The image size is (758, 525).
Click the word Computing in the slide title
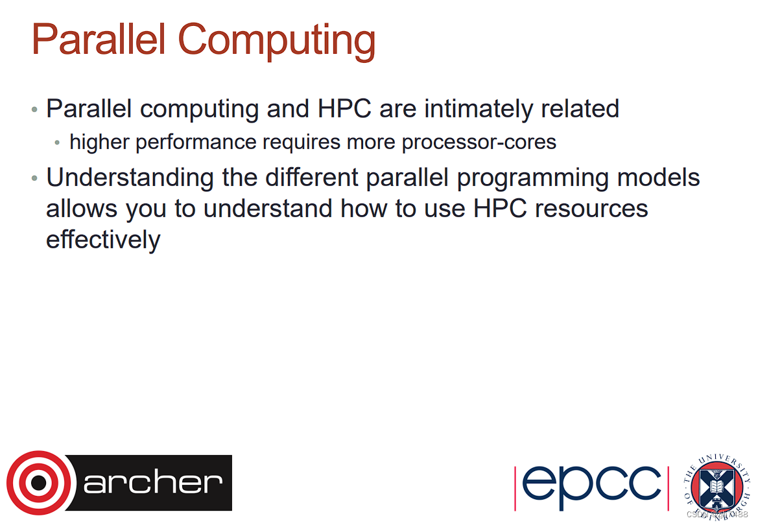[277, 40]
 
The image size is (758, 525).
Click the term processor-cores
[479, 142]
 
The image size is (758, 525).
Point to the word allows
[82, 209]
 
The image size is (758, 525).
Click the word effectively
[103, 240]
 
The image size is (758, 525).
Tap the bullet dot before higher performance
[58, 143]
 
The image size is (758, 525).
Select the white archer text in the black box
[153, 483]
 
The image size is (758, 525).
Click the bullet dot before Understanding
[35, 178]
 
